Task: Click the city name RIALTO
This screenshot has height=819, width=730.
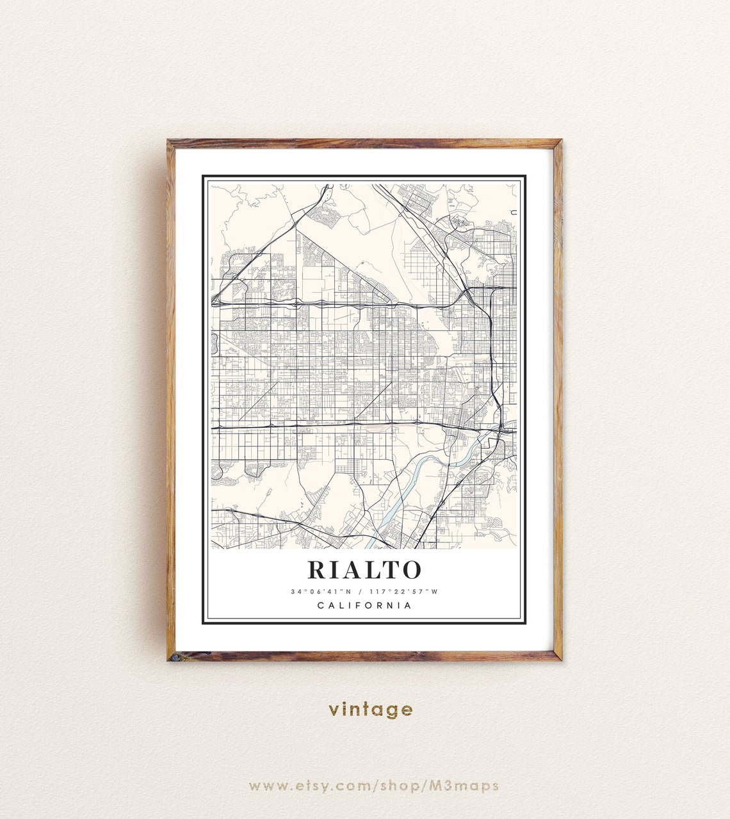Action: click(364, 569)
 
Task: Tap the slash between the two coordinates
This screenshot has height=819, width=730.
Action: click(361, 592)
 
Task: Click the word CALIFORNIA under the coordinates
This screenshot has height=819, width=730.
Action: click(364, 606)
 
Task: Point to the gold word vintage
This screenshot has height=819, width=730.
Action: click(371, 709)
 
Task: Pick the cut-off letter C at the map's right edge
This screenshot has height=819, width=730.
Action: click(514, 213)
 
